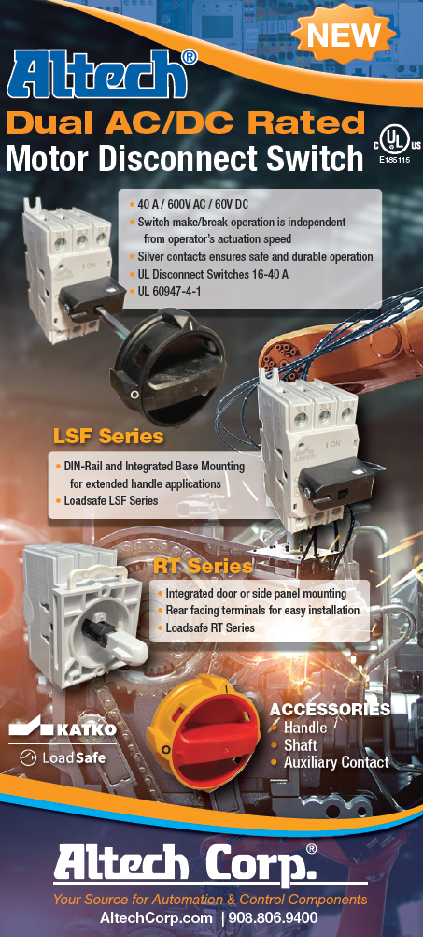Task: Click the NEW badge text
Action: pyautogui.click(x=344, y=36)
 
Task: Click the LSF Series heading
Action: pyautogui.click(x=108, y=437)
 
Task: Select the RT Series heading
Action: pyautogui.click(x=203, y=567)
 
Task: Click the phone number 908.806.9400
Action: pyautogui.click(x=275, y=918)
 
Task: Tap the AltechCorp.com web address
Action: pyautogui.click(x=156, y=918)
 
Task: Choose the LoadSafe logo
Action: pyautogui.click(x=63, y=757)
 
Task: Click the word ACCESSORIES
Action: pyautogui.click(x=330, y=710)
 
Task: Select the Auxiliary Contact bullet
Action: pyautogui.click(x=336, y=763)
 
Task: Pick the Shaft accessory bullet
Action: pyautogui.click(x=300, y=745)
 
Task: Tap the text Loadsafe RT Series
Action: pyautogui.click(x=210, y=627)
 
